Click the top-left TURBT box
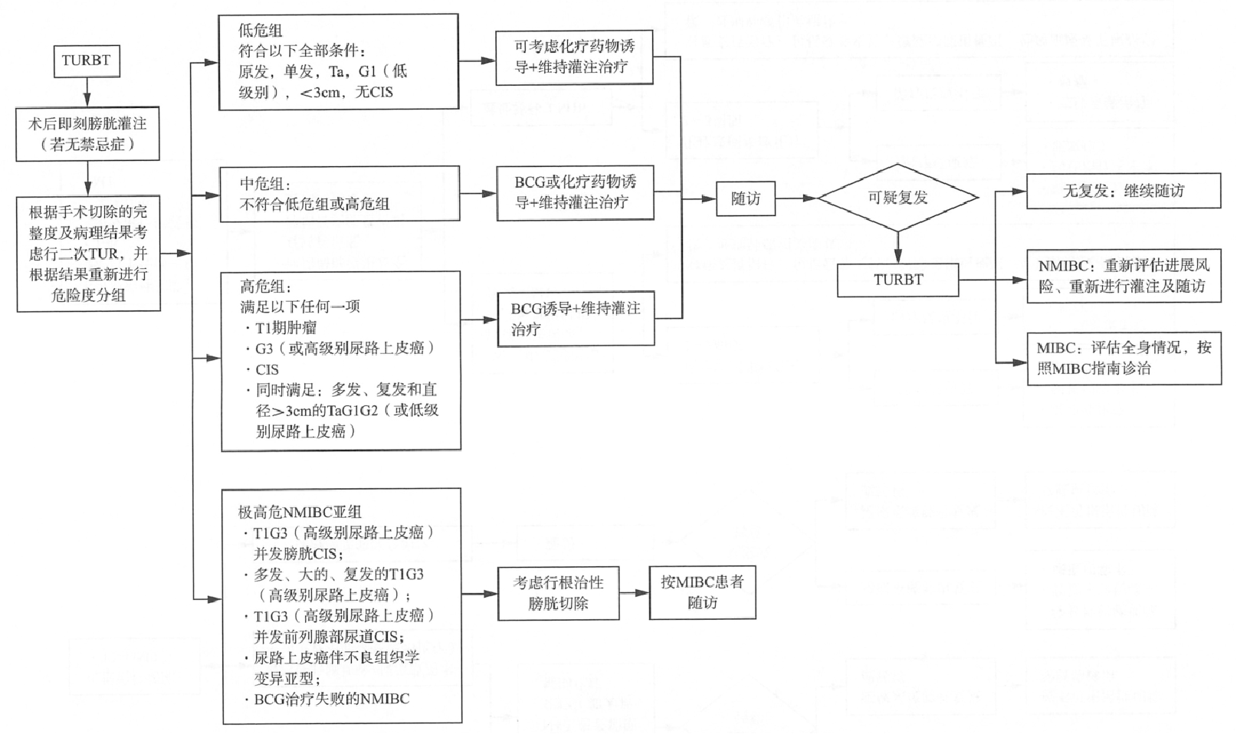87,61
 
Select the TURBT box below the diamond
898,280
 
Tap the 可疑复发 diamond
898,198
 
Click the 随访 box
746,198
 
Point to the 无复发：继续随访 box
1124,191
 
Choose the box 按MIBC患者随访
703,593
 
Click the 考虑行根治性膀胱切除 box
558,593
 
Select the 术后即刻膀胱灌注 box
88,134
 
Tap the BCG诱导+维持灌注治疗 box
576,319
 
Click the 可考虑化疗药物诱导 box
574,57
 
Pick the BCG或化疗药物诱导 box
576,193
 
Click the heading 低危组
261,31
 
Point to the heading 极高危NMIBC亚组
300,512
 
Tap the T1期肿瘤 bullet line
281,329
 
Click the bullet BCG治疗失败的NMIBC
327,700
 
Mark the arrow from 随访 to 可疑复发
796,198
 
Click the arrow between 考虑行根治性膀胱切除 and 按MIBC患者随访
634,593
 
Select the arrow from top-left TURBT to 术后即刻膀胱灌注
87,92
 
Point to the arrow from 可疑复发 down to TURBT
898,247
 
